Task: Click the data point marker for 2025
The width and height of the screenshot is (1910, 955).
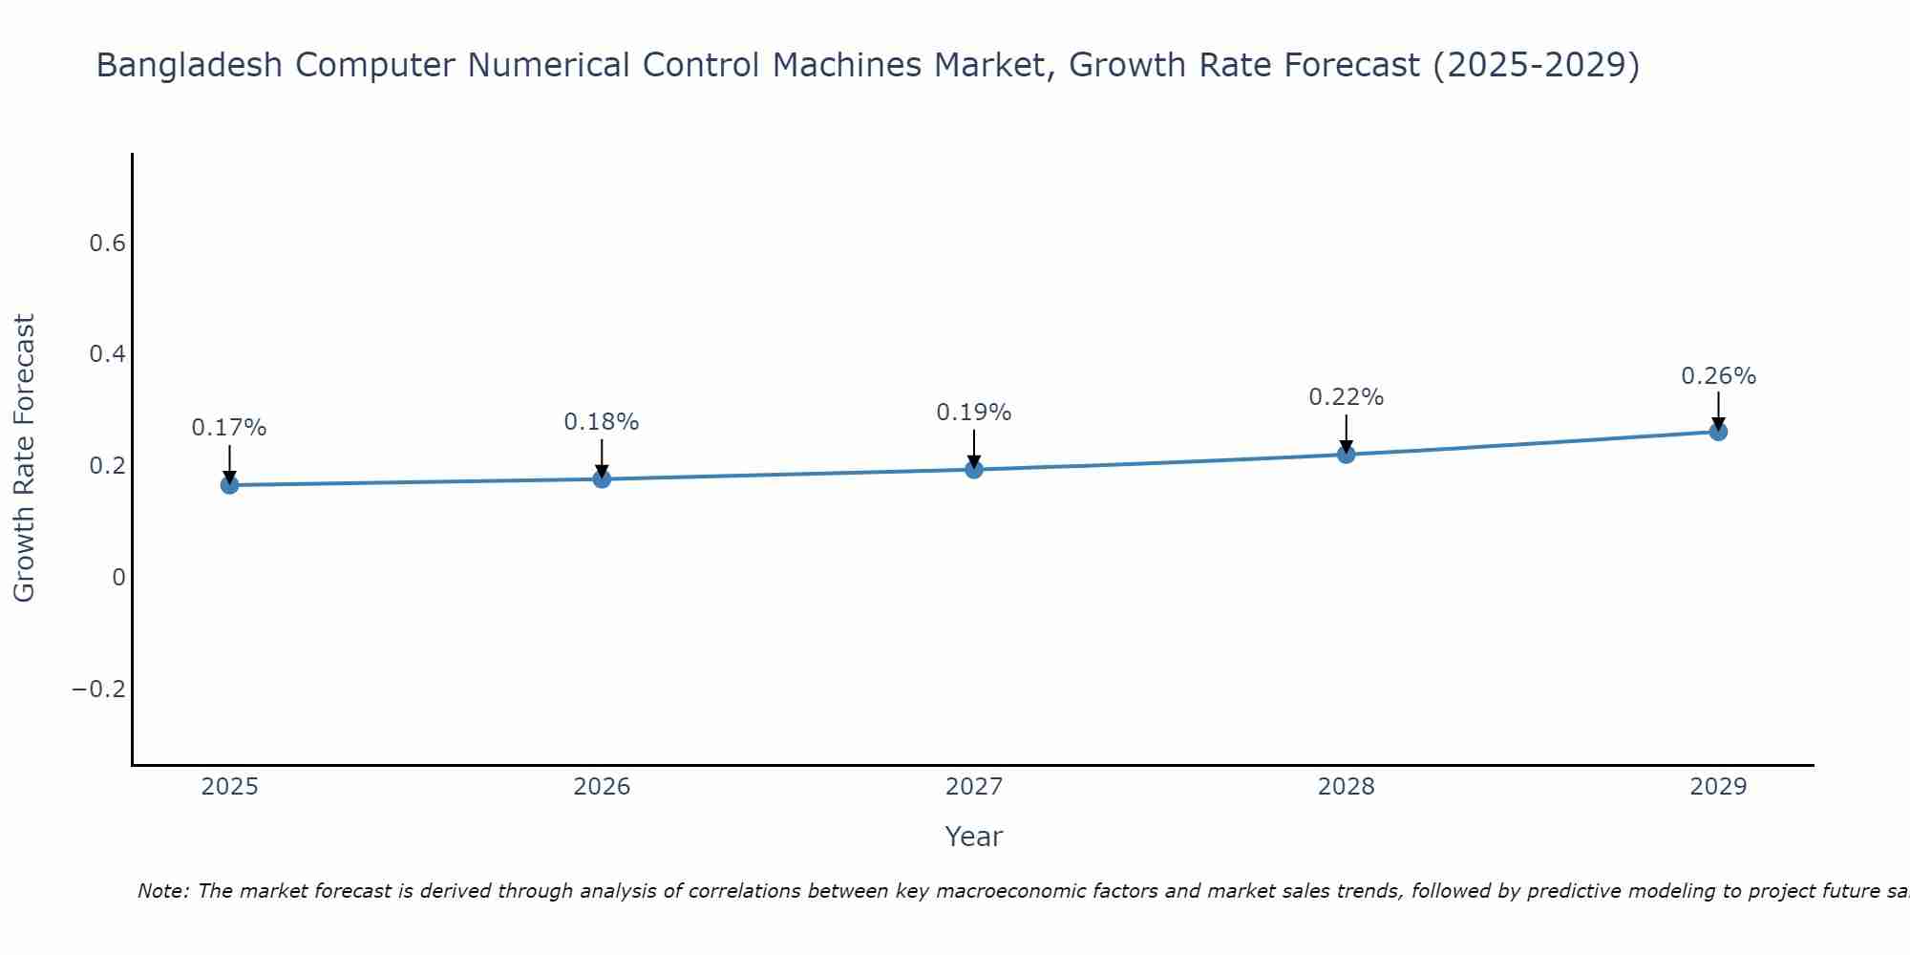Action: click(229, 485)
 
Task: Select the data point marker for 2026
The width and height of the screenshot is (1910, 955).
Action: click(602, 478)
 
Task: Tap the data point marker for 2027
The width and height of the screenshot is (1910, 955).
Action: click(974, 469)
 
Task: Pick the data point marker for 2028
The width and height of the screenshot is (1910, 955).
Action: click(1346, 454)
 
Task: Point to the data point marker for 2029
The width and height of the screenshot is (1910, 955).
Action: click(1718, 432)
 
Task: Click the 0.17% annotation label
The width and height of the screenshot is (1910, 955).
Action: click(229, 428)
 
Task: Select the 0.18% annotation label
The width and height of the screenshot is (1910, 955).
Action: click(602, 422)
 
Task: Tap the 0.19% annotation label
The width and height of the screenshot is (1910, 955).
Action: click(974, 413)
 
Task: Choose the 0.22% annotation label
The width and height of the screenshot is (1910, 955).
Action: click(1346, 397)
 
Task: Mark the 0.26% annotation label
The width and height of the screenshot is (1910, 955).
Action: click(1718, 376)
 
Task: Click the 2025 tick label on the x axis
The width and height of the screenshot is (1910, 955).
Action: click(229, 787)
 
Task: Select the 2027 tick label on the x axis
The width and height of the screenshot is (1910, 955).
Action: click(974, 787)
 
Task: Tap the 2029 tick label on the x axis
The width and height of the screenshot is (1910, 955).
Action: click(1718, 787)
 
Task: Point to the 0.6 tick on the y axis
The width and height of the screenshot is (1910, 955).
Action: click(107, 244)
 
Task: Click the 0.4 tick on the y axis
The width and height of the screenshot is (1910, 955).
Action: click(107, 354)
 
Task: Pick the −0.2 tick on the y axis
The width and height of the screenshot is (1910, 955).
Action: click(99, 689)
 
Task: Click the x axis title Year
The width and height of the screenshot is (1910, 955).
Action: click(973, 837)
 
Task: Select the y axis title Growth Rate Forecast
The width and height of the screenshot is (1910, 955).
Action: click(24, 457)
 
